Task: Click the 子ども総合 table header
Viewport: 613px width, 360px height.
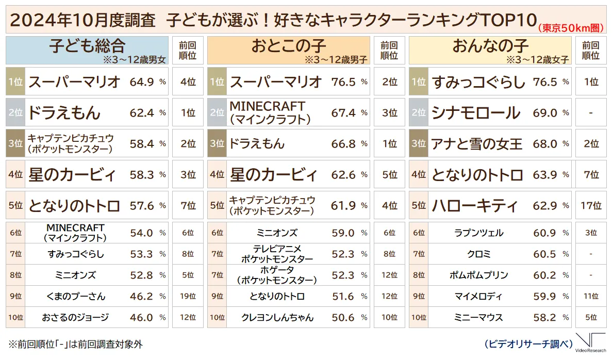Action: (x=87, y=46)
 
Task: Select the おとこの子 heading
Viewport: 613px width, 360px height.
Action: (x=288, y=46)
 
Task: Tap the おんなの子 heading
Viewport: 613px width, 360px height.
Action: (x=490, y=46)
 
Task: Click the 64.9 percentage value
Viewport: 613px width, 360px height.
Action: (x=142, y=81)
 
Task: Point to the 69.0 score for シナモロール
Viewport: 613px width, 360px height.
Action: (x=545, y=112)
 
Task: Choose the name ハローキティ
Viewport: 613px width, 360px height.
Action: (x=475, y=206)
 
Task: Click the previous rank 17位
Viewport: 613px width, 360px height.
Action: (x=590, y=206)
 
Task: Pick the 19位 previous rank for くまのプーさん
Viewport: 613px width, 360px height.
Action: (x=188, y=297)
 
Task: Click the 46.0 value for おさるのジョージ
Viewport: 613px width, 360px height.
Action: (x=142, y=318)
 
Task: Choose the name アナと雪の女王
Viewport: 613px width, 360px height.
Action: (x=477, y=143)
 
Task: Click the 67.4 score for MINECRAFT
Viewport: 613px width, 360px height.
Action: (x=343, y=112)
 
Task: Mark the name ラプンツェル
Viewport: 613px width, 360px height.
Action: (x=478, y=233)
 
